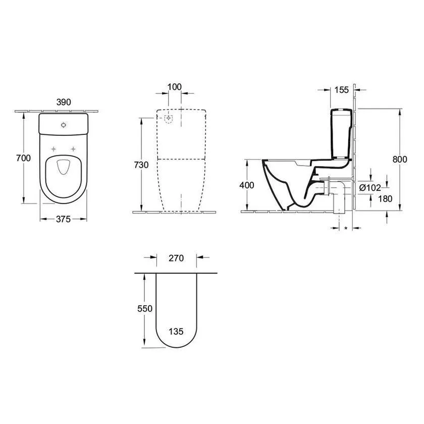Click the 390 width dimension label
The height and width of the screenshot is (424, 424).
click(x=63, y=102)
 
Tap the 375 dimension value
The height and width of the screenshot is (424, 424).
click(x=63, y=219)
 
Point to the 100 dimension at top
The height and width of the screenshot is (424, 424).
click(x=174, y=87)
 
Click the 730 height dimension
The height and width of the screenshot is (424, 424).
click(x=141, y=165)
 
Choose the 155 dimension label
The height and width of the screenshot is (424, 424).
click(x=342, y=90)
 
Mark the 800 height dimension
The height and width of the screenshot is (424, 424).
click(x=400, y=160)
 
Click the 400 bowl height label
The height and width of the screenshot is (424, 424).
click(x=247, y=185)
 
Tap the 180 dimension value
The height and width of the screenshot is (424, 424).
click(x=371, y=199)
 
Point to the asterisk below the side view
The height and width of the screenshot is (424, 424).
click(x=345, y=229)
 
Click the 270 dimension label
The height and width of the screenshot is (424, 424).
click(x=175, y=258)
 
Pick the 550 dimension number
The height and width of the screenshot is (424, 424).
click(x=145, y=308)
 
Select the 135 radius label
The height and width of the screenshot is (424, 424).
click(x=175, y=332)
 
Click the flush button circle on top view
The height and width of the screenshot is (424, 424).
click(x=64, y=124)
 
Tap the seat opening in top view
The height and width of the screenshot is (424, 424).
click(x=63, y=167)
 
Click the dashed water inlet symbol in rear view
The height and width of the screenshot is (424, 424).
click(x=169, y=118)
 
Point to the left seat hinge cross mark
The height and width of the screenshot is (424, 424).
click(x=53, y=149)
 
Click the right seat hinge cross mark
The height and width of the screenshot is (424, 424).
click(x=74, y=149)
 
